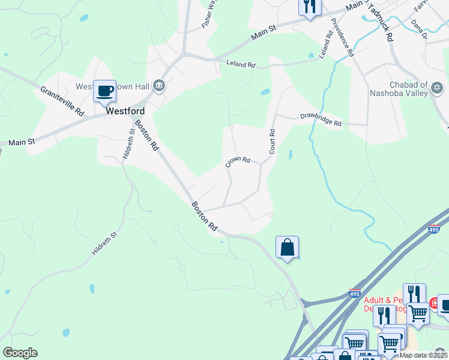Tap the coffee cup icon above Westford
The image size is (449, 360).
point(105,91)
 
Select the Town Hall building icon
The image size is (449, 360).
point(159,85)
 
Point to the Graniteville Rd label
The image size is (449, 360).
point(62,100)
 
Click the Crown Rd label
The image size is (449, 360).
point(238,161)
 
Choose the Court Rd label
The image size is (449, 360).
point(272,142)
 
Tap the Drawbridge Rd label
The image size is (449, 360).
point(321,119)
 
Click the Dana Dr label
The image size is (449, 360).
point(418,29)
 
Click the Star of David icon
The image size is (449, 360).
point(437,89)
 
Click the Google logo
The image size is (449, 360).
point(20,353)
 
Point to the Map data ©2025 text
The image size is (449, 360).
point(424,355)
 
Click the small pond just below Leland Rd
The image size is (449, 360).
point(265,92)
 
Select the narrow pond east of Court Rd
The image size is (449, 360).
point(291,155)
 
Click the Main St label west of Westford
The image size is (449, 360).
point(23,143)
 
